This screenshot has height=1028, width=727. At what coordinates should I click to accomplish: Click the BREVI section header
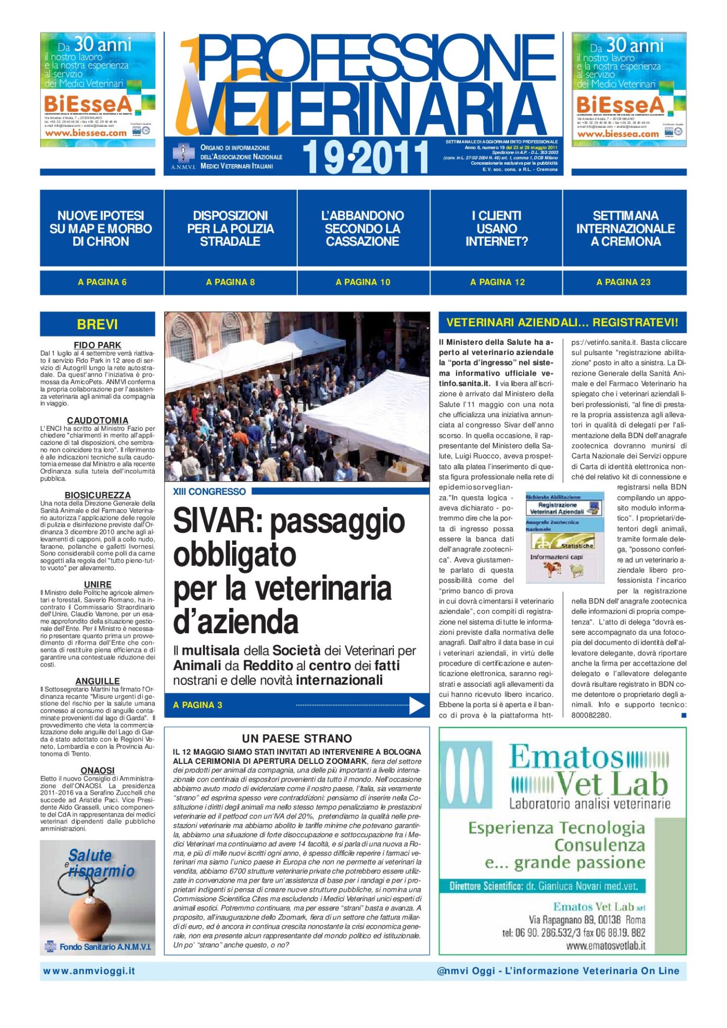click(97, 324)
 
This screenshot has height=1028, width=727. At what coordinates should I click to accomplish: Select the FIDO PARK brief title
click(97, 345)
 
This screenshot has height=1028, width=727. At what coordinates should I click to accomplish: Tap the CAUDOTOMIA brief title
click(97, 420)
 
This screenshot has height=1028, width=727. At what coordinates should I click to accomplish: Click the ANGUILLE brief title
click(97, 681)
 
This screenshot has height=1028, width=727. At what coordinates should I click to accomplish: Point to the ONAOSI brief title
click(97, 770)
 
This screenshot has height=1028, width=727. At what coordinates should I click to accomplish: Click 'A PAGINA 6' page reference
click(102, 282)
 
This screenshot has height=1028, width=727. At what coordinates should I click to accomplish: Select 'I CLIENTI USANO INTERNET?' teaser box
click(497, 229)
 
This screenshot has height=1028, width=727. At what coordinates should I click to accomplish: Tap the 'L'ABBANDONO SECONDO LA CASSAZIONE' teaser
click(362, 229)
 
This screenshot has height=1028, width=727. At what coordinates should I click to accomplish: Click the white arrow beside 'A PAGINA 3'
click(417, 705)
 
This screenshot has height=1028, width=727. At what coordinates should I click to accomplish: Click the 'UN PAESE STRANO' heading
click(297, 738)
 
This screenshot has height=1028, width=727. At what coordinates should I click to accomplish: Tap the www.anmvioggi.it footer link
click(89, 971)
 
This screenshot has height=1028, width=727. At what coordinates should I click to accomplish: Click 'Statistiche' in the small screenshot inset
click(576, 546)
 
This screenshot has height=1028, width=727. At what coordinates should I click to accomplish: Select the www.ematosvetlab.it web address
click(606, 946)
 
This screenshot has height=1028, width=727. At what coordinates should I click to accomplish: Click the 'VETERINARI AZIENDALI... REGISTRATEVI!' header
click(562, 323)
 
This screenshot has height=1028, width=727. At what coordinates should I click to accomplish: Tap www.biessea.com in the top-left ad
click(86, 133)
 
